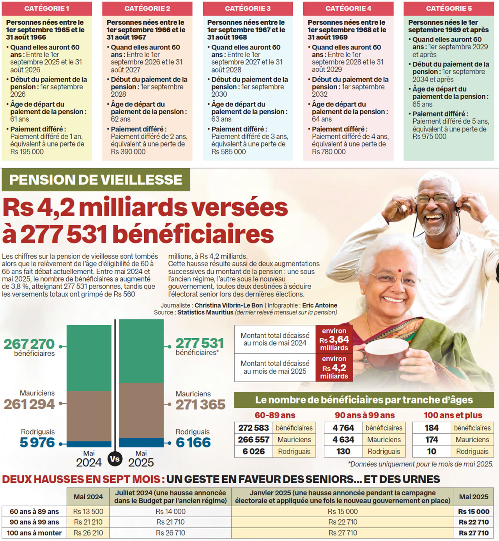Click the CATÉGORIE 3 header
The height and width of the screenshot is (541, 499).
(248, 8)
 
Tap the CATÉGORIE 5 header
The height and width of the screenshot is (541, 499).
(449, 8)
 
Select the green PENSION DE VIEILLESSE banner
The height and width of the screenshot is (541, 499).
(96, 180)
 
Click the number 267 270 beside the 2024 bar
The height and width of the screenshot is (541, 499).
(29, 344)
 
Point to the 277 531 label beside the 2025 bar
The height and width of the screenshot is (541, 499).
(200, 343)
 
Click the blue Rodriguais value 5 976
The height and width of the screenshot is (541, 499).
(37, 443)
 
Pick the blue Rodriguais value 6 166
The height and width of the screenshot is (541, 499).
(193, 443)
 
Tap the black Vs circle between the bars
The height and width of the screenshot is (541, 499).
(115, 459)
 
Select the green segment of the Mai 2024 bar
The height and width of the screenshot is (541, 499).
(89, 358)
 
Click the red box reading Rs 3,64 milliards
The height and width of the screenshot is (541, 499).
(334, 339)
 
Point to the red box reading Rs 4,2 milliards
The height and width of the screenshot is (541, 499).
(334, 367)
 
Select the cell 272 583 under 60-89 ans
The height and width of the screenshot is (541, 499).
(253, 428)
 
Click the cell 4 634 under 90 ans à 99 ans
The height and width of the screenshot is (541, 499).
(343, 440)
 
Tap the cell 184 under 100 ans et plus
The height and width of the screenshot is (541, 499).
(432, 428)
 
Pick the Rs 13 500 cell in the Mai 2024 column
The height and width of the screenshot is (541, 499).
(88, 511)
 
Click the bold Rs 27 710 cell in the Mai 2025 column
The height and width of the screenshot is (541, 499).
(473, 533)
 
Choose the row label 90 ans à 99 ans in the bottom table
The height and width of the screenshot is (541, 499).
(34, 522)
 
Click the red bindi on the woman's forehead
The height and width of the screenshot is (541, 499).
(400, 271)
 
